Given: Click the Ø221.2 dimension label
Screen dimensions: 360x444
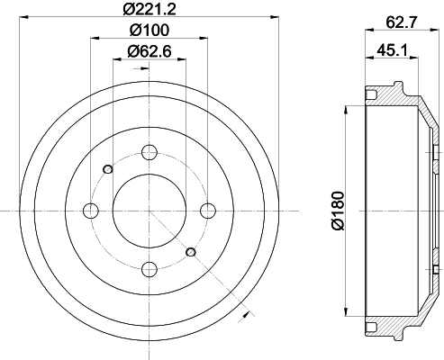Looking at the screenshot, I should (149, 10).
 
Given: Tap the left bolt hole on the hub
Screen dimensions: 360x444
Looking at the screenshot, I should (90, 211).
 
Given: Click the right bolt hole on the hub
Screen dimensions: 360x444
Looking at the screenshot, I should (208, 211).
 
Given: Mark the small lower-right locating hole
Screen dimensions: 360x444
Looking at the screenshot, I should (190, 253).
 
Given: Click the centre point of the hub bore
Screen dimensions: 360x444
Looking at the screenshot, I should (150, 211).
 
